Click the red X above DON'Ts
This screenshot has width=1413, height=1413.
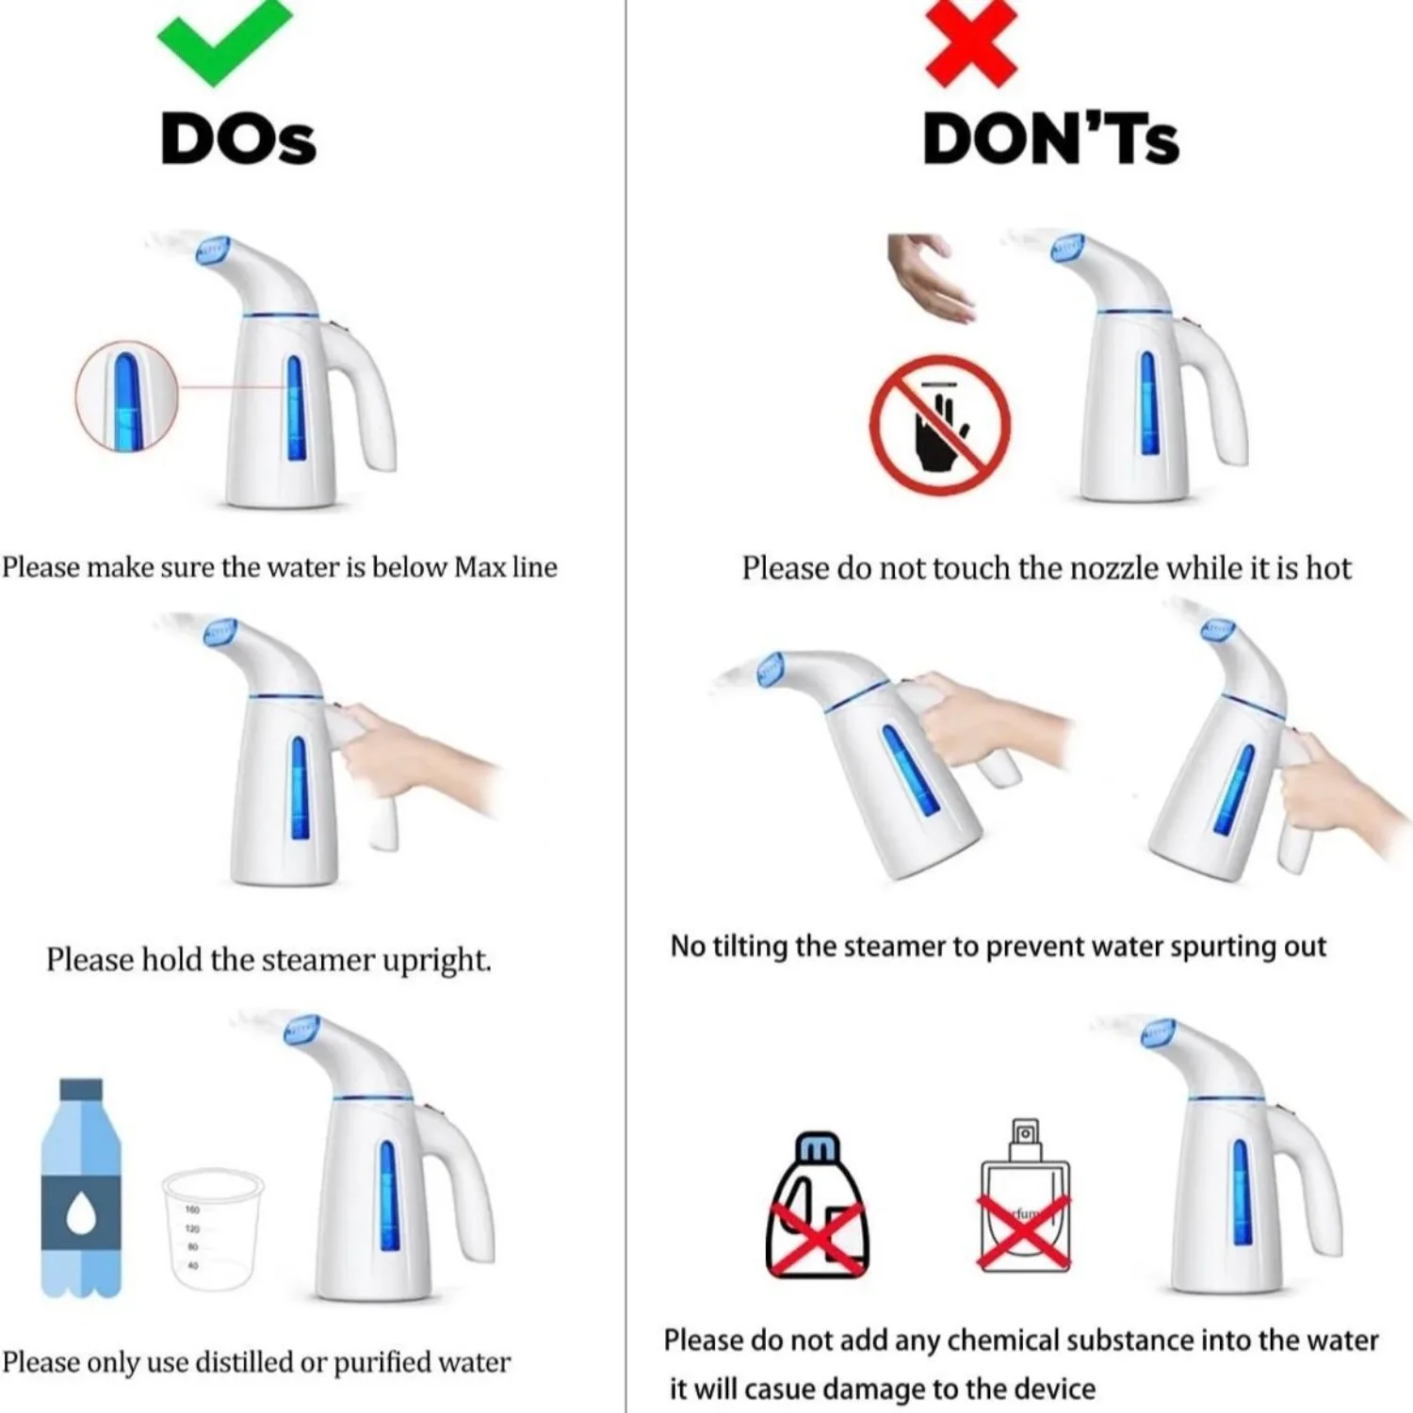coord(971,42)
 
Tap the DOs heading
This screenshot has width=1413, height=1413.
coord(238,139)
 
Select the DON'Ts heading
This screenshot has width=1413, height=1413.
coord(1050,139)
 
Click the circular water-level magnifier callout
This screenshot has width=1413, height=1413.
coord(126,396)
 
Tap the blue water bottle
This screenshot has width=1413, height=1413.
coord(81,1189)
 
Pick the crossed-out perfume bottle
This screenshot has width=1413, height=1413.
coord(1025,1201)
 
